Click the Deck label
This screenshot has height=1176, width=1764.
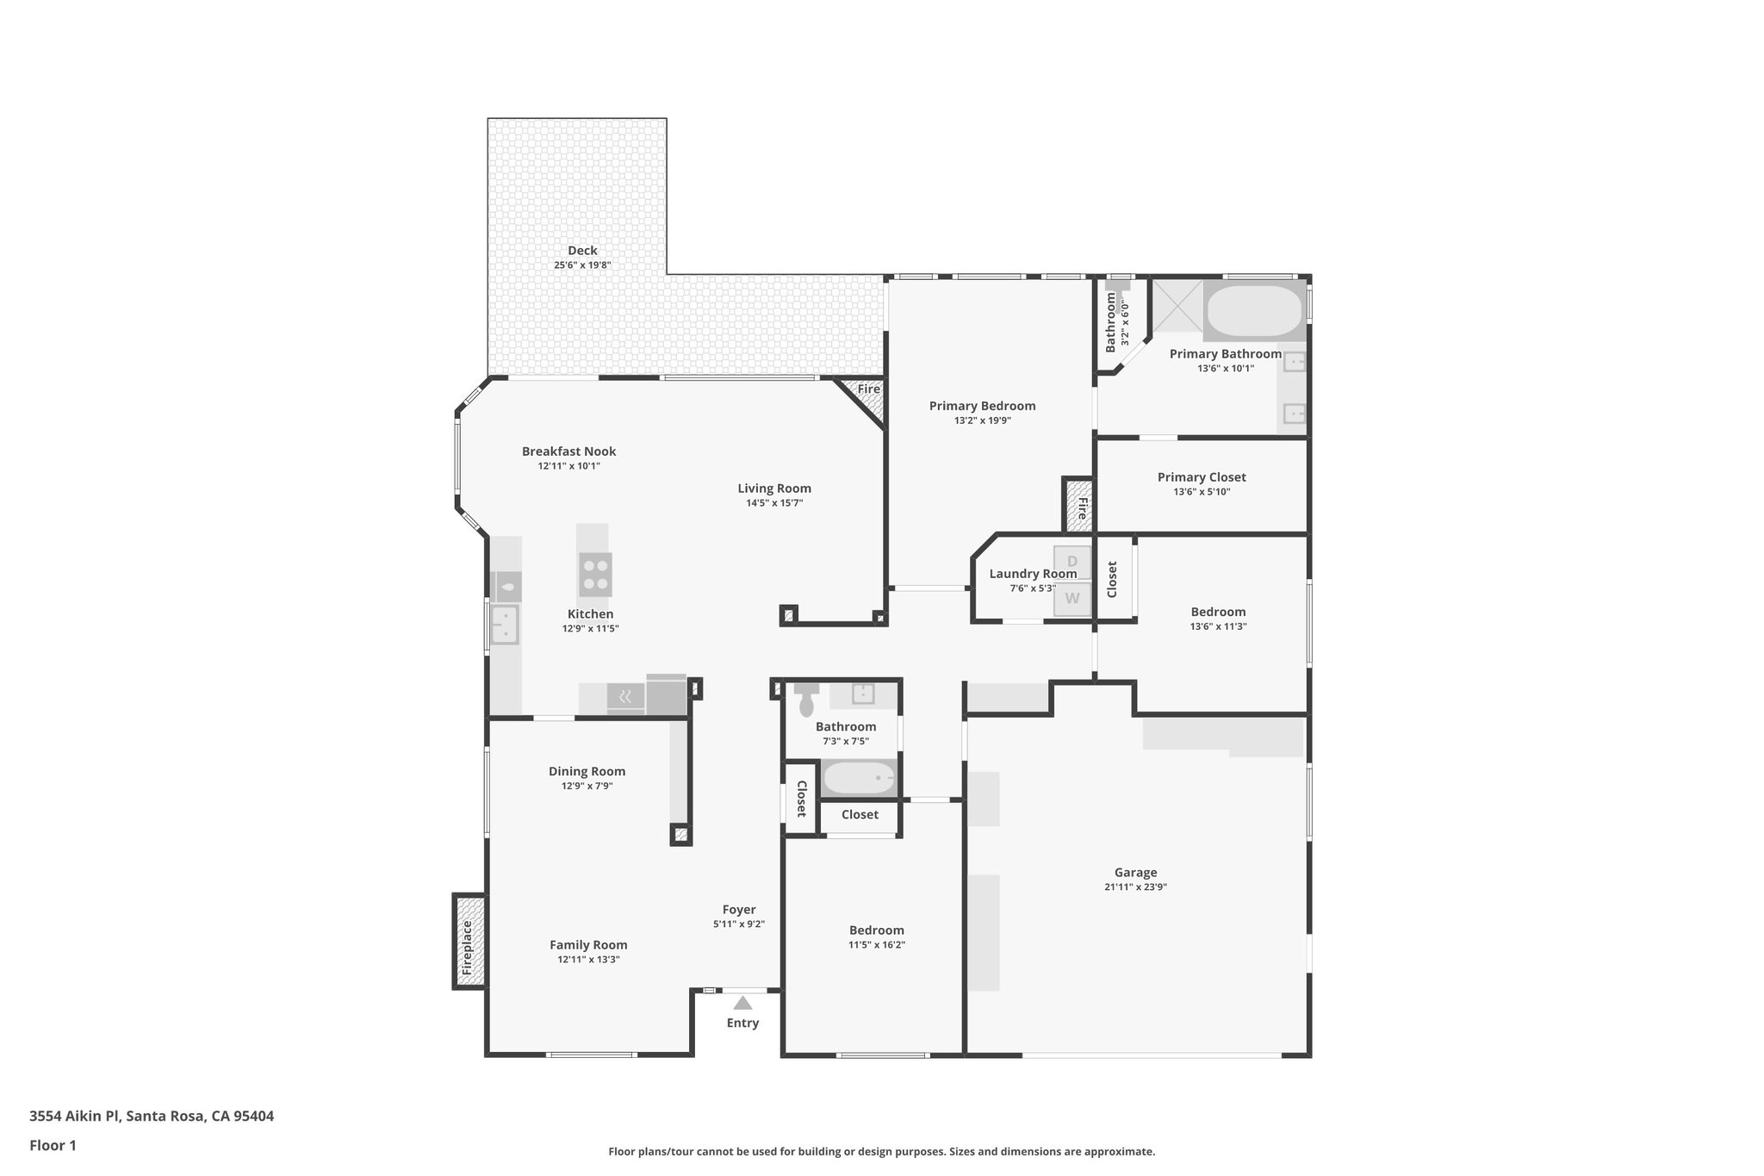(x=582, y=251)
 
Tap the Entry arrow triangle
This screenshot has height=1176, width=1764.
(x=742, y=1003)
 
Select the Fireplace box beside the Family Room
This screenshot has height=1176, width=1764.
(x=469, y=941)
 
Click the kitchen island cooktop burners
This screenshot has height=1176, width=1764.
(x=595, y=575)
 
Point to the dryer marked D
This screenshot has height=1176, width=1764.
(x=1072, y=562)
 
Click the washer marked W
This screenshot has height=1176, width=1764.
(x=1072, y=598)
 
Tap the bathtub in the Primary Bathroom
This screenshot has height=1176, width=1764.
(x=1253, y=311)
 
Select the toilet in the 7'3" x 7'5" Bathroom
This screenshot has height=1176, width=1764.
(x=807, y=700)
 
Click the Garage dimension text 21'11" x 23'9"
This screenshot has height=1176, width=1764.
(x=1135, y=887)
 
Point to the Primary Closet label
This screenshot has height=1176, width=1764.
(x=1202, y=477)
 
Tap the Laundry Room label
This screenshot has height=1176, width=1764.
(x=1033, y=574)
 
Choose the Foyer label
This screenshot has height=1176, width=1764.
(x=739, y=910)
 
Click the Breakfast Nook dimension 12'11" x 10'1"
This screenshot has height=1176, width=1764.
(x=568, y=466)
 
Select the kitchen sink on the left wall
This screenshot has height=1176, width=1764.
(x=505, y=625)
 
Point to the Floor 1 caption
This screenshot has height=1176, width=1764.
(x=53, y=1146)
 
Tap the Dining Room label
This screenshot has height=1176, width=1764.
(x=587, y=772)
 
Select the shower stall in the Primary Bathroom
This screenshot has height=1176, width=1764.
(x=1177, y=306)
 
